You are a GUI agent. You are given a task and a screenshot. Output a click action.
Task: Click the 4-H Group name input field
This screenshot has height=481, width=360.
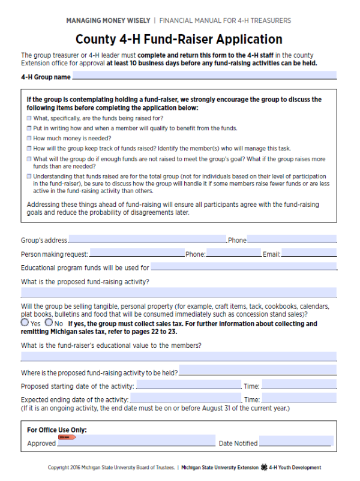click(x=204, y=76)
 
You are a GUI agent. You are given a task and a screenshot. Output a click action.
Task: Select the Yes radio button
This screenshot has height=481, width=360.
click(x=25, y=323)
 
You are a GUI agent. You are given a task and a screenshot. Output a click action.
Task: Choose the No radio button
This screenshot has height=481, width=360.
click(x=49, y=323)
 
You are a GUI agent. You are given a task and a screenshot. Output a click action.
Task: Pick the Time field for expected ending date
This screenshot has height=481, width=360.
click(x=299, y=398)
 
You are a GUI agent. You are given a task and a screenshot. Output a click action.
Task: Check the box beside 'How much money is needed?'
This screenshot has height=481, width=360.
click(x=29, y=138)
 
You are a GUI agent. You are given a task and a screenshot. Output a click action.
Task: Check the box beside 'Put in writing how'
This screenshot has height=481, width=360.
click(x=29, y=128)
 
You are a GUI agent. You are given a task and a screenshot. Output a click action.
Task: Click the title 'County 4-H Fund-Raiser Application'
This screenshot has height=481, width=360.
click(x=179, y=40)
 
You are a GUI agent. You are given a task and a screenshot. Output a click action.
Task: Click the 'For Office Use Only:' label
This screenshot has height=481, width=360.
click(x=57, y=430)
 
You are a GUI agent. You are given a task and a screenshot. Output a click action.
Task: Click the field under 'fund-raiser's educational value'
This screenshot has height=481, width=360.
click(x=179, y=356)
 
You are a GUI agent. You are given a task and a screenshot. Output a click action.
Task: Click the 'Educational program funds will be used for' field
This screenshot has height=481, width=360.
click(x=243, y=267)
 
